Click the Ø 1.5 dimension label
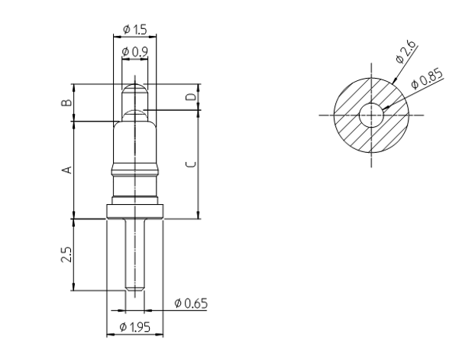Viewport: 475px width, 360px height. (x=134, y=30)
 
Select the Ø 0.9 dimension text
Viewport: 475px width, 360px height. (x=134, y=51)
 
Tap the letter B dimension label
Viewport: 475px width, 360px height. (x=66, y=100)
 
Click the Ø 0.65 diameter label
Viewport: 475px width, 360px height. (x=189, y=303)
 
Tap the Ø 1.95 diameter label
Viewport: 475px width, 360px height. (x=135, y=327)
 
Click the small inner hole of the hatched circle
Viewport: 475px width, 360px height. (x=372, y=115)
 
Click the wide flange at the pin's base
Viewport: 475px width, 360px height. (x=135, y=212)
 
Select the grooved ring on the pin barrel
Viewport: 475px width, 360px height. (x=135, y=170)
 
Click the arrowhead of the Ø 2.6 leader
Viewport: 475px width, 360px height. (x=393, y=81)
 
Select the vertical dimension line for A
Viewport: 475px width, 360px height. (x=74, y=170)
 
